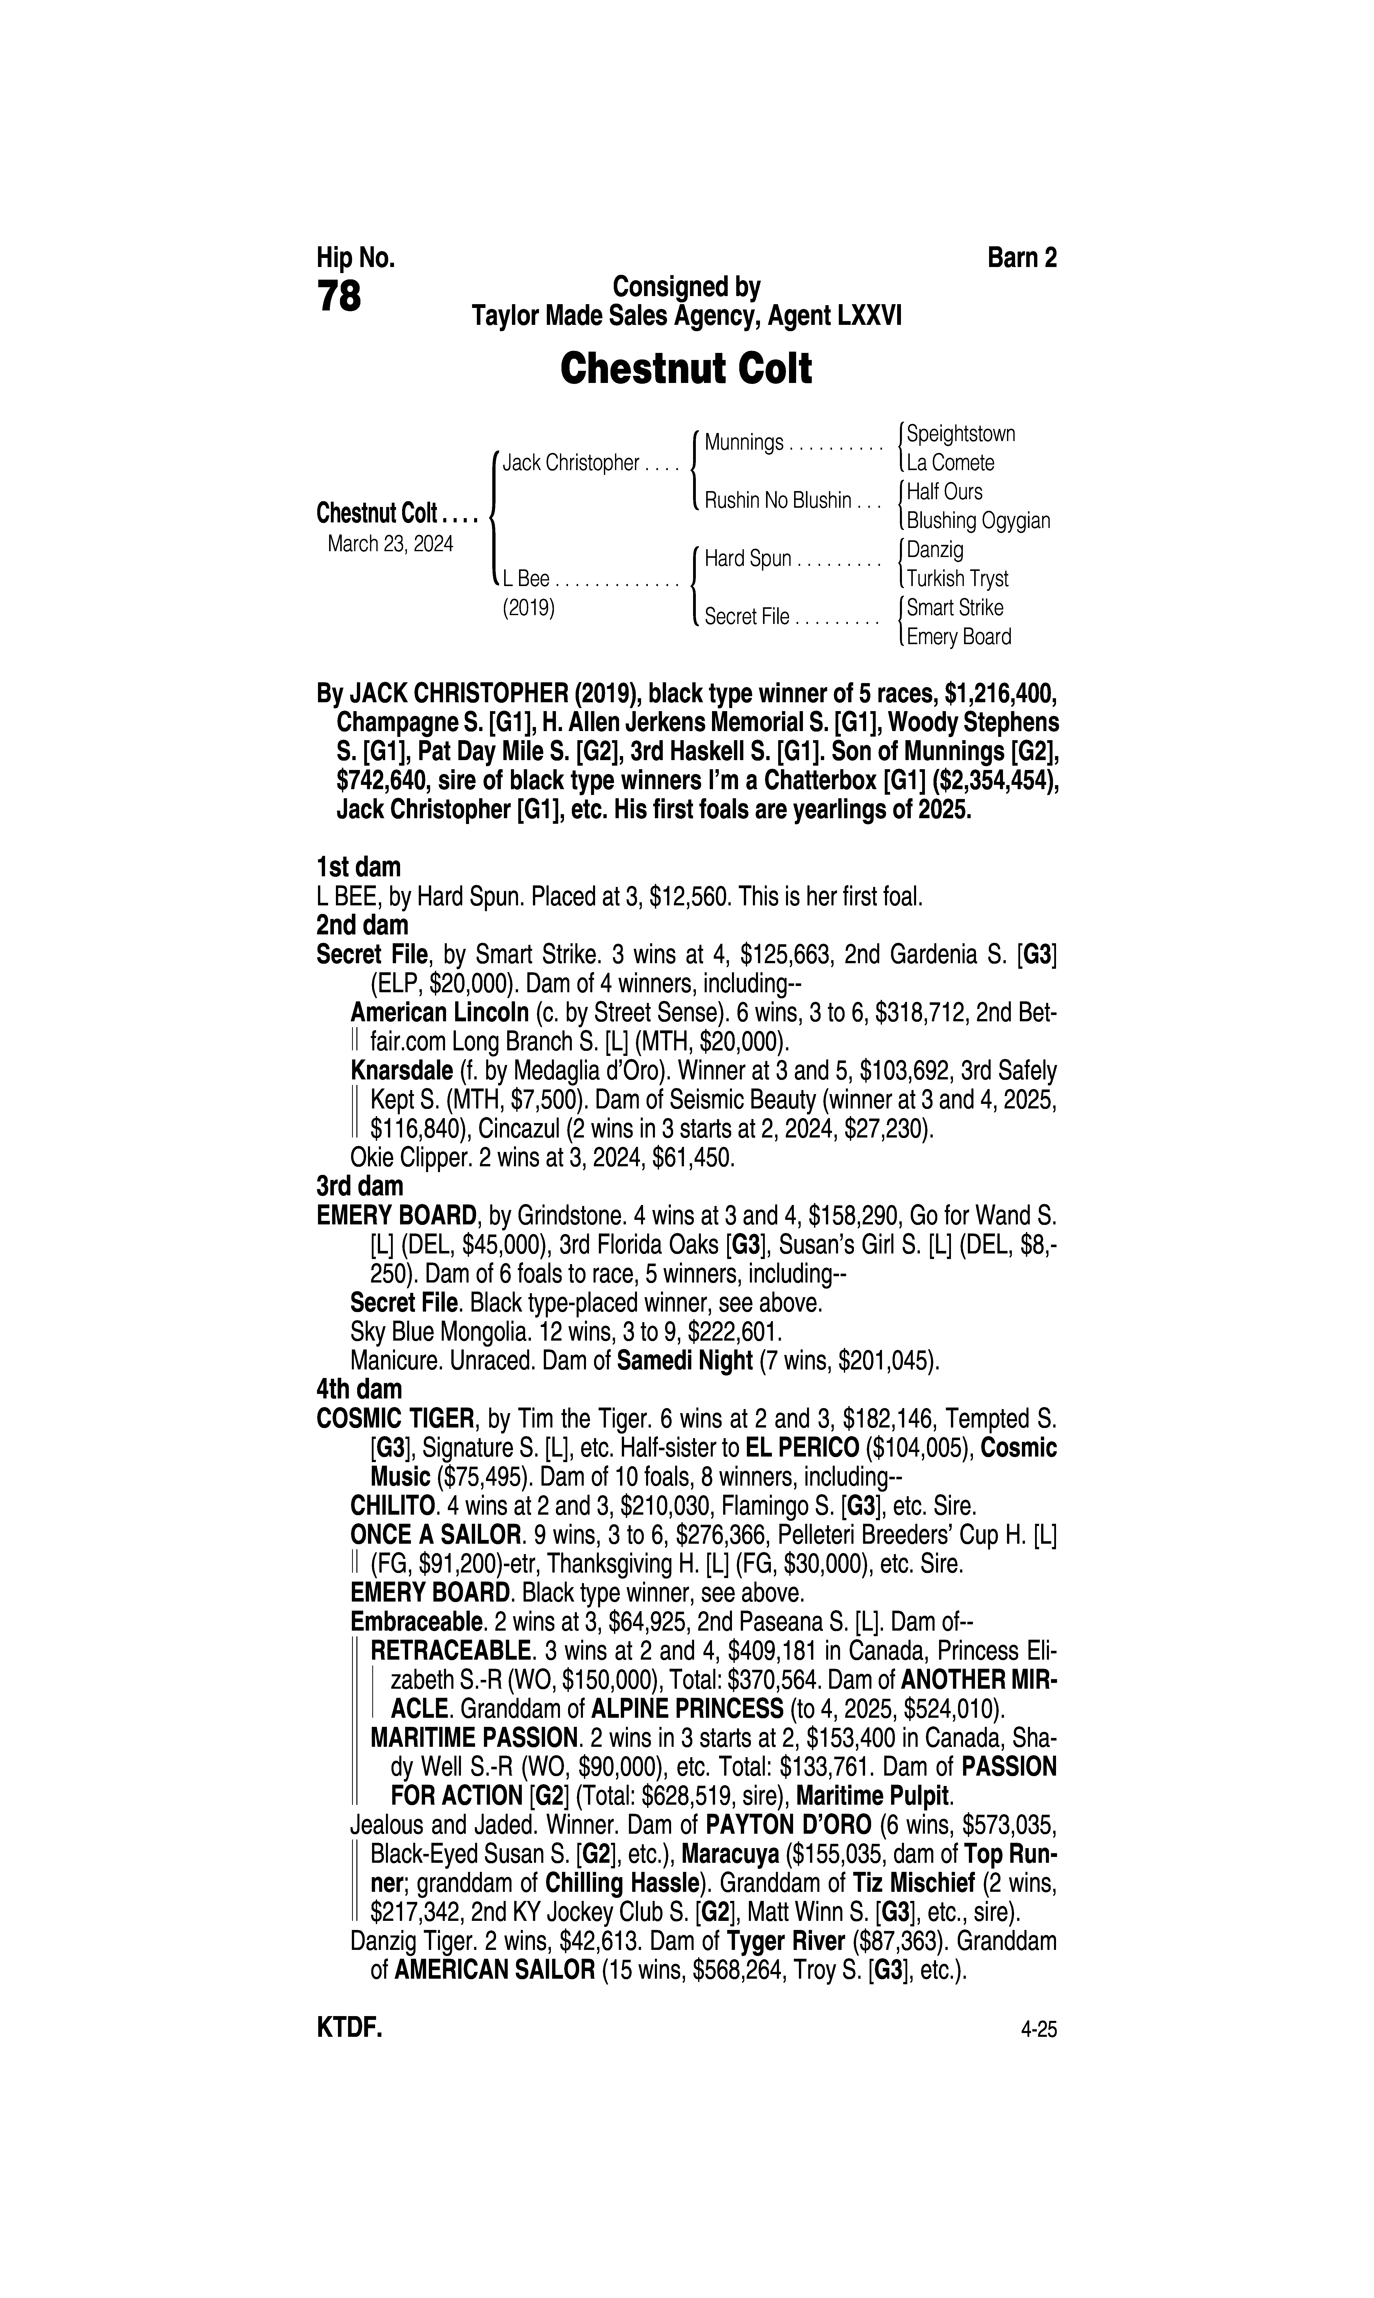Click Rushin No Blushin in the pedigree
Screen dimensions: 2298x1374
coord(777,501)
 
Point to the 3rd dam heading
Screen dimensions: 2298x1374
coord(359,1186)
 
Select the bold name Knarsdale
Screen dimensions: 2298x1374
coord(401,1071)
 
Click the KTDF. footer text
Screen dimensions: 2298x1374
coord(349,2028)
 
